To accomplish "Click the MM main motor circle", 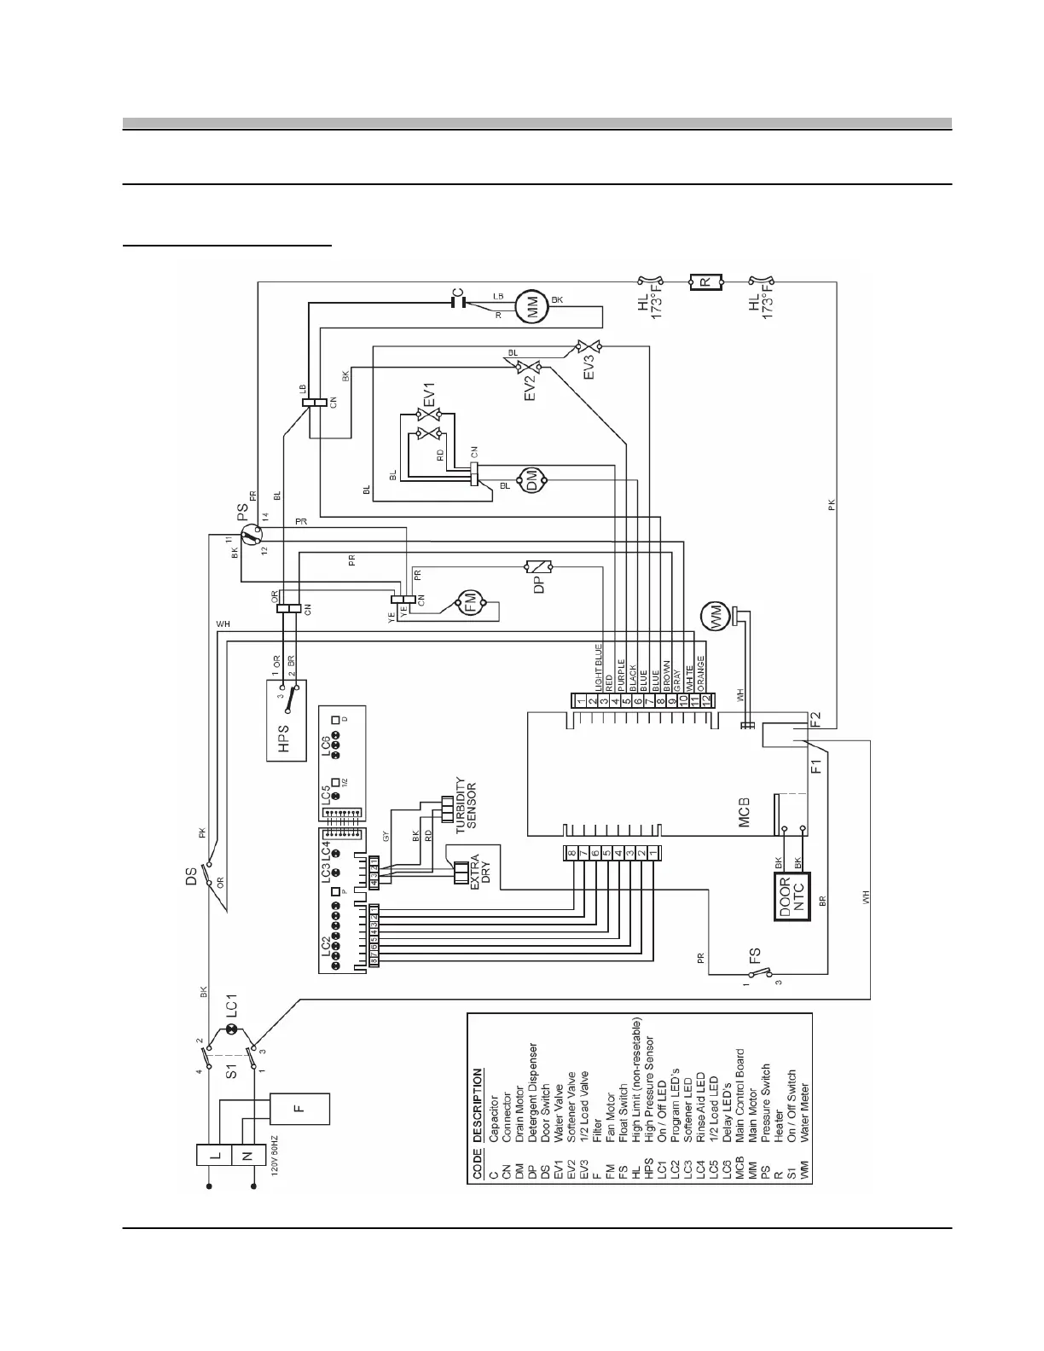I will [536, 307].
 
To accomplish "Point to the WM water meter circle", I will [714, 614].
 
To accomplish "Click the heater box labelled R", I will [705, 280].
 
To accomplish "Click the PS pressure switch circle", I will [250, 536].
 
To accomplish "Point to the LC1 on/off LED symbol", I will [230, 1032].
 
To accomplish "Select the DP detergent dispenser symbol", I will [539, 566].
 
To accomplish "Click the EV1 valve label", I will [429, 397].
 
